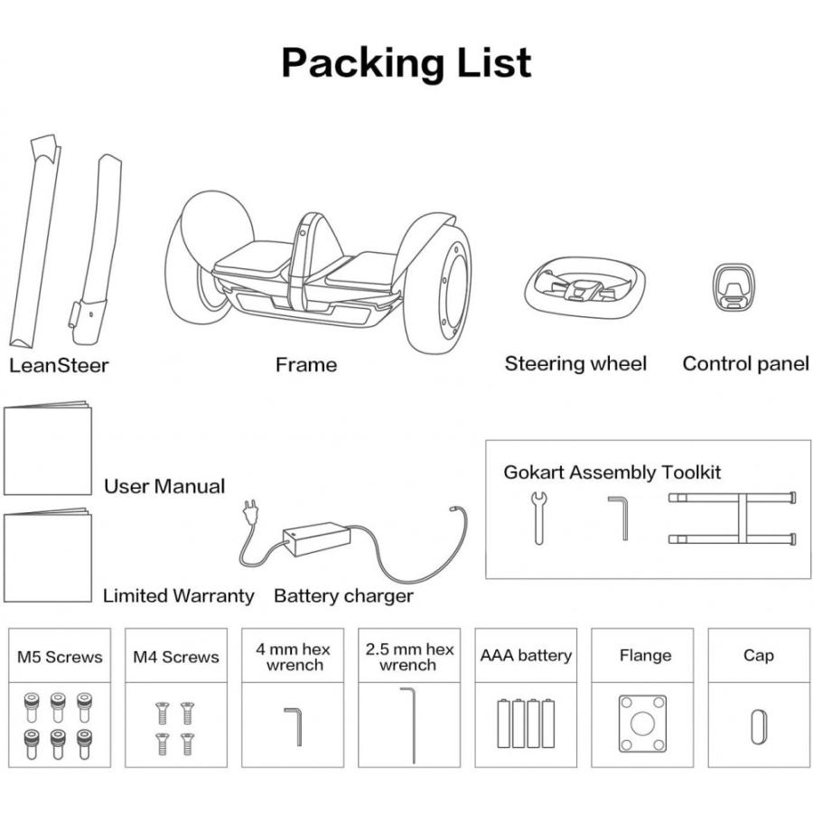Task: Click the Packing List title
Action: point(406,62)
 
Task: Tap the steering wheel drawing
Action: point(584,286)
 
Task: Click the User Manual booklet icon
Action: point(48,447)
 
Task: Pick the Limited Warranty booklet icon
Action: point(48,556)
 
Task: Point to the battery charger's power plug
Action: point(250,511)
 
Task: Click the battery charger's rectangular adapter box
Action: point(316,539)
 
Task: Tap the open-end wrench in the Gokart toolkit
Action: point(538,518)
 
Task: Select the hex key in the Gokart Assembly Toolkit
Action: point(619,518)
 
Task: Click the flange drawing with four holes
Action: point(642,724)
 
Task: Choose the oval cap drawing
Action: point(759,727)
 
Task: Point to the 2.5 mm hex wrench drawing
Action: point(408,725)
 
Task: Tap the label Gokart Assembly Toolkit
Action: point(612,472)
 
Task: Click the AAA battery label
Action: point(526,656)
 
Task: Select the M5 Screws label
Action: point(60,657)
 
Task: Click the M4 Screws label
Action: point(176,657)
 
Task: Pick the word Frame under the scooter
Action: point(306,365)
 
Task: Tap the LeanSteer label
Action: point(59,366)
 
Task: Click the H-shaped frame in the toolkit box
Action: point(732,519)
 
